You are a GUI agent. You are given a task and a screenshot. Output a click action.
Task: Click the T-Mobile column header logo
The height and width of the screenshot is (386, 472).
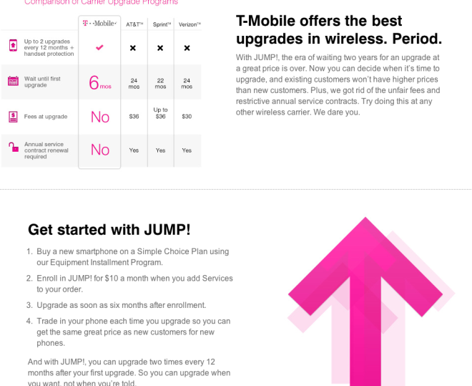point(99,24)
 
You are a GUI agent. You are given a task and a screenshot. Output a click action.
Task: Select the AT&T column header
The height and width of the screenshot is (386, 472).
point(134,24)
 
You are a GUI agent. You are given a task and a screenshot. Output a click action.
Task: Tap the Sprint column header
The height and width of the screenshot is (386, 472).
point(161,24)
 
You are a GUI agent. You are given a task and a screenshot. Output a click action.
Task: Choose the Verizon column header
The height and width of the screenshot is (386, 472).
point(187,24)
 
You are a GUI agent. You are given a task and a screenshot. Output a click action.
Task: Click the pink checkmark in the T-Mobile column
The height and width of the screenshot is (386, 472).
point(99,47)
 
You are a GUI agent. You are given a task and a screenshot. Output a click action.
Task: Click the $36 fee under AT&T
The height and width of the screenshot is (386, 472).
point(134,116)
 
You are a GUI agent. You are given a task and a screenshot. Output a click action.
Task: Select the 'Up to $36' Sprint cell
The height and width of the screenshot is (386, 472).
point(160,113)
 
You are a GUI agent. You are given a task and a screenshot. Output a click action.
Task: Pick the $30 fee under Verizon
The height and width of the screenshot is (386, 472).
point(187,116)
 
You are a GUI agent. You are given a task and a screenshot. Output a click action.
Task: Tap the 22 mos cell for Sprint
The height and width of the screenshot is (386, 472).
point(160,83)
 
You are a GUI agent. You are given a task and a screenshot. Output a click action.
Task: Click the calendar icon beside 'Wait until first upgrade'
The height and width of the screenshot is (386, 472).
point(13,81)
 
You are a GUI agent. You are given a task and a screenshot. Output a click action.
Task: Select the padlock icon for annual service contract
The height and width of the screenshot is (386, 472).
point(13,148)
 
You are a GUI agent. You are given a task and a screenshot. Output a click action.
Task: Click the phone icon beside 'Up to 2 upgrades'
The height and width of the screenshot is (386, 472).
point(13,46)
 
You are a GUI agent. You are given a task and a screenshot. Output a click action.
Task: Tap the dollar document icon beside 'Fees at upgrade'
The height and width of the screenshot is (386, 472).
point(13,116)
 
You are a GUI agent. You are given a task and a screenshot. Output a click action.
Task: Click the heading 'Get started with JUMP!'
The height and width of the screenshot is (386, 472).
point(109,230)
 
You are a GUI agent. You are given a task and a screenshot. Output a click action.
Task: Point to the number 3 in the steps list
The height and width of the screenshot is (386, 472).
point(29,305)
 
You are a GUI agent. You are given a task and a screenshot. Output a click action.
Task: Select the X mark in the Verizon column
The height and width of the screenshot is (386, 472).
point(187,48)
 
